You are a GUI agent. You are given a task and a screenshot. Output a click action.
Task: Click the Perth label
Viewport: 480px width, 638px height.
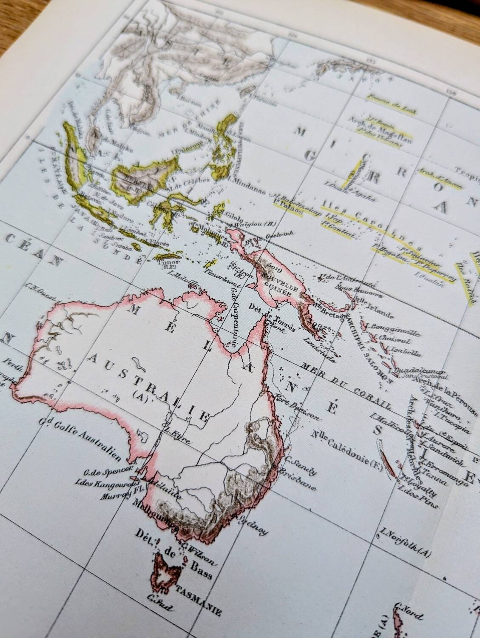click(x=12, y=365)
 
